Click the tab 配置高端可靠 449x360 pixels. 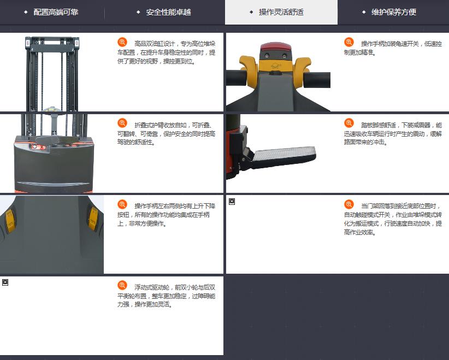[56, 12]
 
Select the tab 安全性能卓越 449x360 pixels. [168, 12]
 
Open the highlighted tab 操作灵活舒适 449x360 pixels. [281, 12]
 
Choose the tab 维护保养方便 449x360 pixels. [393, 12]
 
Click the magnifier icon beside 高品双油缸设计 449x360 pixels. [122, 42]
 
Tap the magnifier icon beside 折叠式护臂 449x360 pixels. [122, 123]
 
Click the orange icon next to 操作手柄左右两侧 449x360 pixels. [122, 204]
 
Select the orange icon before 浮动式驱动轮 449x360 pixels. [122, 285]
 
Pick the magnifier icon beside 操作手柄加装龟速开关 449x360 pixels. [349, 42]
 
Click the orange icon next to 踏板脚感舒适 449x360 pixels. [349, 123]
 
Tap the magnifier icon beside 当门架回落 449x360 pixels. [349, 204]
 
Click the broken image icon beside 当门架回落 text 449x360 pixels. [232, 202]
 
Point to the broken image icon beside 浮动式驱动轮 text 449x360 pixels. [5, 282]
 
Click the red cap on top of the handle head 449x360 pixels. [276, 47]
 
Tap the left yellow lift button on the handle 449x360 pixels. [10, 221]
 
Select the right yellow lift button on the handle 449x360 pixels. [93, 219]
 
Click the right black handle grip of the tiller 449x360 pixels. [317, 80]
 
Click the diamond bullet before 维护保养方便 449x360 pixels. [364, 12]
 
